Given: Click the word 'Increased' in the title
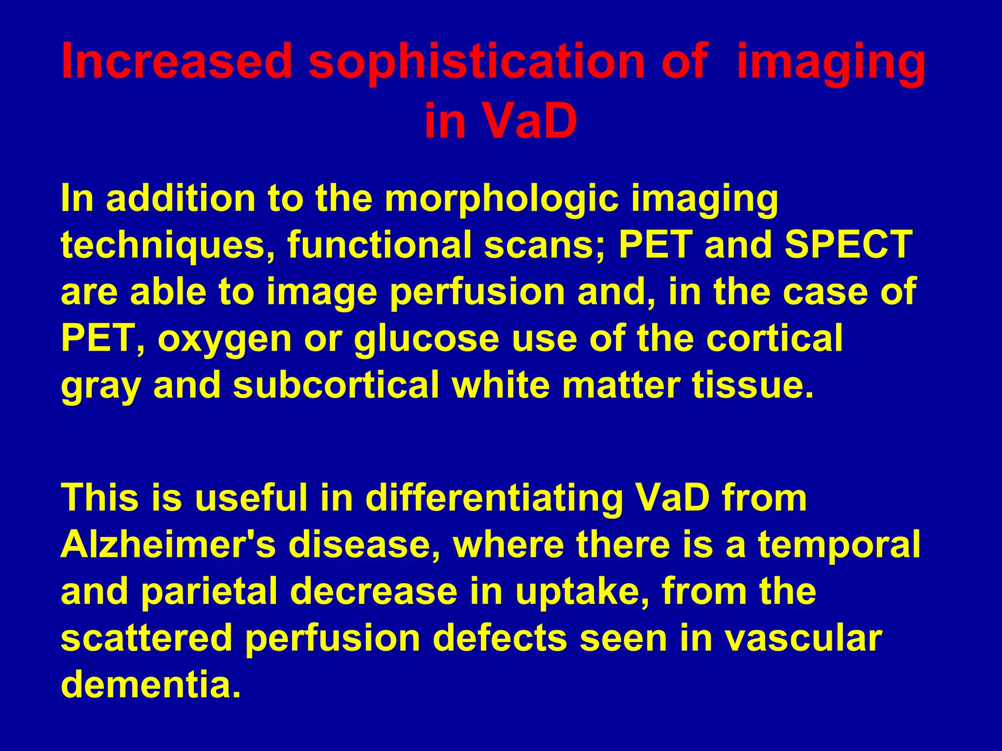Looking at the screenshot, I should [x=177, y=61].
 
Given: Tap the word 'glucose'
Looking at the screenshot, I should [x=426, y=340].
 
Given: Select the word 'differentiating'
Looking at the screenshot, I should [x=494, y=498].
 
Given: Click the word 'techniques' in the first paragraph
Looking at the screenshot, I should [x=166, y=246].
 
